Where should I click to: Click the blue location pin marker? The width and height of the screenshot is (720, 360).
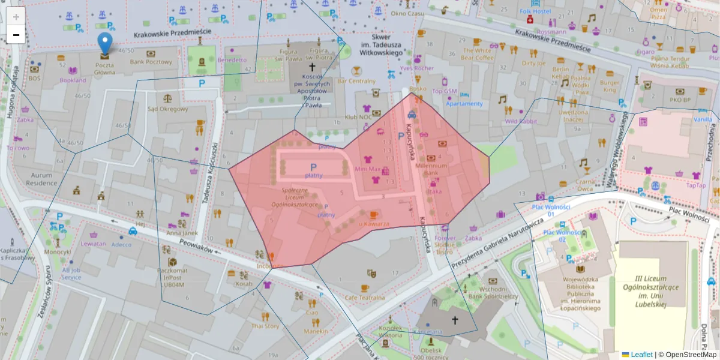(105, 43)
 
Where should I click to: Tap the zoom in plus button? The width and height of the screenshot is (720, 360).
(16, 17)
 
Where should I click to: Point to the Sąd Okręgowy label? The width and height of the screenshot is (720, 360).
(168, 109)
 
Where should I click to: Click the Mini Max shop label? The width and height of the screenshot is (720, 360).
(367, 169)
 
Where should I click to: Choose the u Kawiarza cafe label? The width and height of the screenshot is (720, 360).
(374, 224)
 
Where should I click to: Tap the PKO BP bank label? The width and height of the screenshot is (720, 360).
(680, 99)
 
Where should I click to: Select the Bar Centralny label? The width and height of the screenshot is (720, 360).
(356, 80)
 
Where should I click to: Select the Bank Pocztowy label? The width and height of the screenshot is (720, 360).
(151, 61)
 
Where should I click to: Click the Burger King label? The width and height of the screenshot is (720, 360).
(610, 86)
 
